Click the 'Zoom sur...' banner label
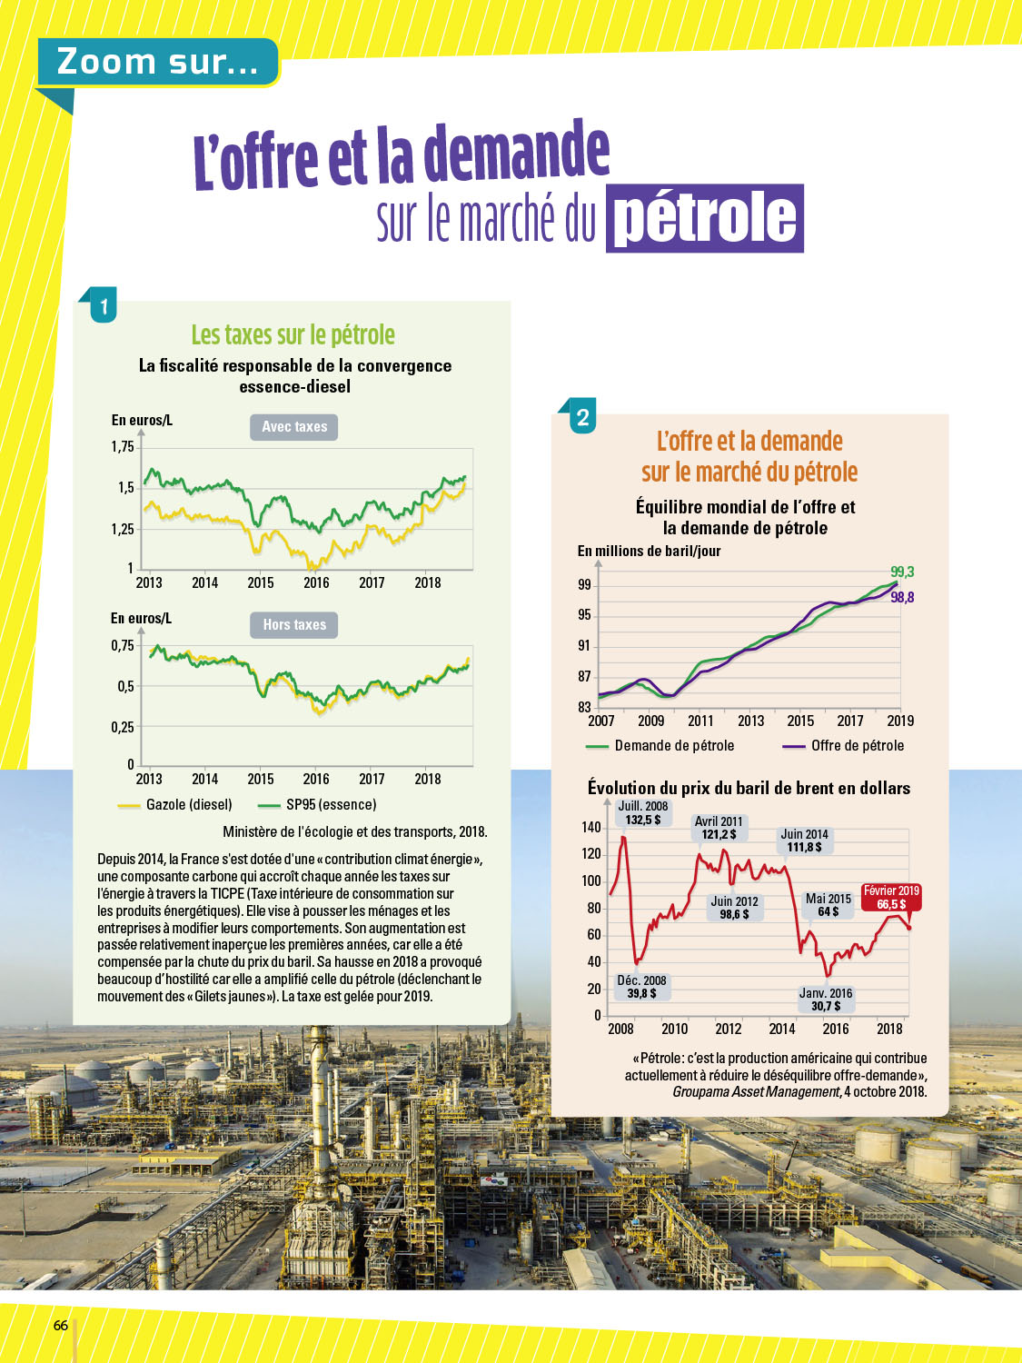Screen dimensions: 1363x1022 pos(157,62)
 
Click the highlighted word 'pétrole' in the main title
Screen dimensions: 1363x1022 pos(705,218)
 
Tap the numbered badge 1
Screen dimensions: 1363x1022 pos(104,307)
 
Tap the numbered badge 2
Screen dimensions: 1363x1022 pos(582,418)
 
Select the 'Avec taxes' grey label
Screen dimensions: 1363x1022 pos(293,427)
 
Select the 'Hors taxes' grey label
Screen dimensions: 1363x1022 pos(293,625)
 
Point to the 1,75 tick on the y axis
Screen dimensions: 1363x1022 pos(123,447)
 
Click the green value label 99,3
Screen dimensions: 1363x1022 pos(902,572)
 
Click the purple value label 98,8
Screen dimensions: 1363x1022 pos(902,597)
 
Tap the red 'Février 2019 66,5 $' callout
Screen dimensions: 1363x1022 pos(891,898)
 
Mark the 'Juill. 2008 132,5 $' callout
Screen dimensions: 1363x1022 pos(643,813)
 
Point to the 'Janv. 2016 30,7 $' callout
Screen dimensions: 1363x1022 pos(826,1000)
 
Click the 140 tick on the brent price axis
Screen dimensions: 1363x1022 pos(591,827)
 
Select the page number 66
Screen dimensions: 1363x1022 pos(61,1325)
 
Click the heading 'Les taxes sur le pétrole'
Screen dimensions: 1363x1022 pos(293,334)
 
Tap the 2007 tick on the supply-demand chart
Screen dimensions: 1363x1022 pos(600,721)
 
